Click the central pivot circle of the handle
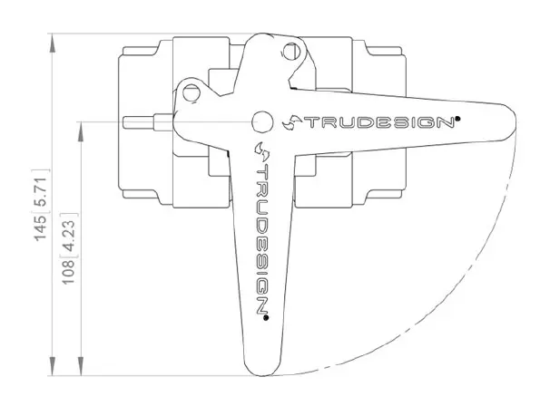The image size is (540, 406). [x=262, y=121]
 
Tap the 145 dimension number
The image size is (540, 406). [x=40, y=228]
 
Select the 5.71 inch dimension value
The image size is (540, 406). [x=40, y=192]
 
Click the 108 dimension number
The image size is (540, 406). [x=68, y=272]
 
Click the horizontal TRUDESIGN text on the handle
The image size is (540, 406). [x=379, y=122]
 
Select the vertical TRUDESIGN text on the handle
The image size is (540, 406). [x=263, y=237]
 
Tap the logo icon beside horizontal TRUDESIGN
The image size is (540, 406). [x=292, y=122]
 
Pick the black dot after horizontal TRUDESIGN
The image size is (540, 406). [x=457, y=119]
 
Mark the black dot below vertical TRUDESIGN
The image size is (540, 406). [x=266, y=318]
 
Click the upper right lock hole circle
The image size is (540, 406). [x=291, y=52]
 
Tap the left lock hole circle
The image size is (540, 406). [x=191, y=92]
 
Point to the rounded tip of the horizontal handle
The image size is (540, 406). [x=515, y=121]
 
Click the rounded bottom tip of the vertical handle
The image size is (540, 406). [x=261, y=374]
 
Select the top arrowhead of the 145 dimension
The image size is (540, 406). [x=52, y=43]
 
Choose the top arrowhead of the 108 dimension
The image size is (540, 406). [x=80, y=131]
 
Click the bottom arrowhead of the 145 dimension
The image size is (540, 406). [x=52, y=366]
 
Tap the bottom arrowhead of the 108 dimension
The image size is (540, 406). [x=80, y=366]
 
